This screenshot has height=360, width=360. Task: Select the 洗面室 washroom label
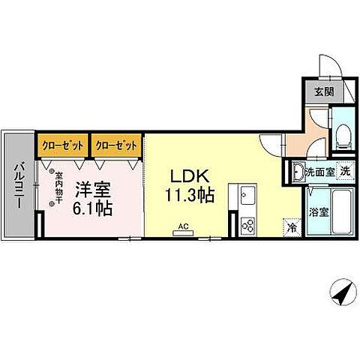[x=319, y=172]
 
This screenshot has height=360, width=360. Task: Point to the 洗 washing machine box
[x=345, y=170]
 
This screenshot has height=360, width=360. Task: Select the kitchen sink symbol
[x=247, y=198]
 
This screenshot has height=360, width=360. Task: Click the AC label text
[x=183, y=224]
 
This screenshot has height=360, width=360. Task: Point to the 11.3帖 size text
[x=192, y=196]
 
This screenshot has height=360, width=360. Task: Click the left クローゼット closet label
[x=61, y=142]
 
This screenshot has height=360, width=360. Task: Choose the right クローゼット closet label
[x=116, y=142]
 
